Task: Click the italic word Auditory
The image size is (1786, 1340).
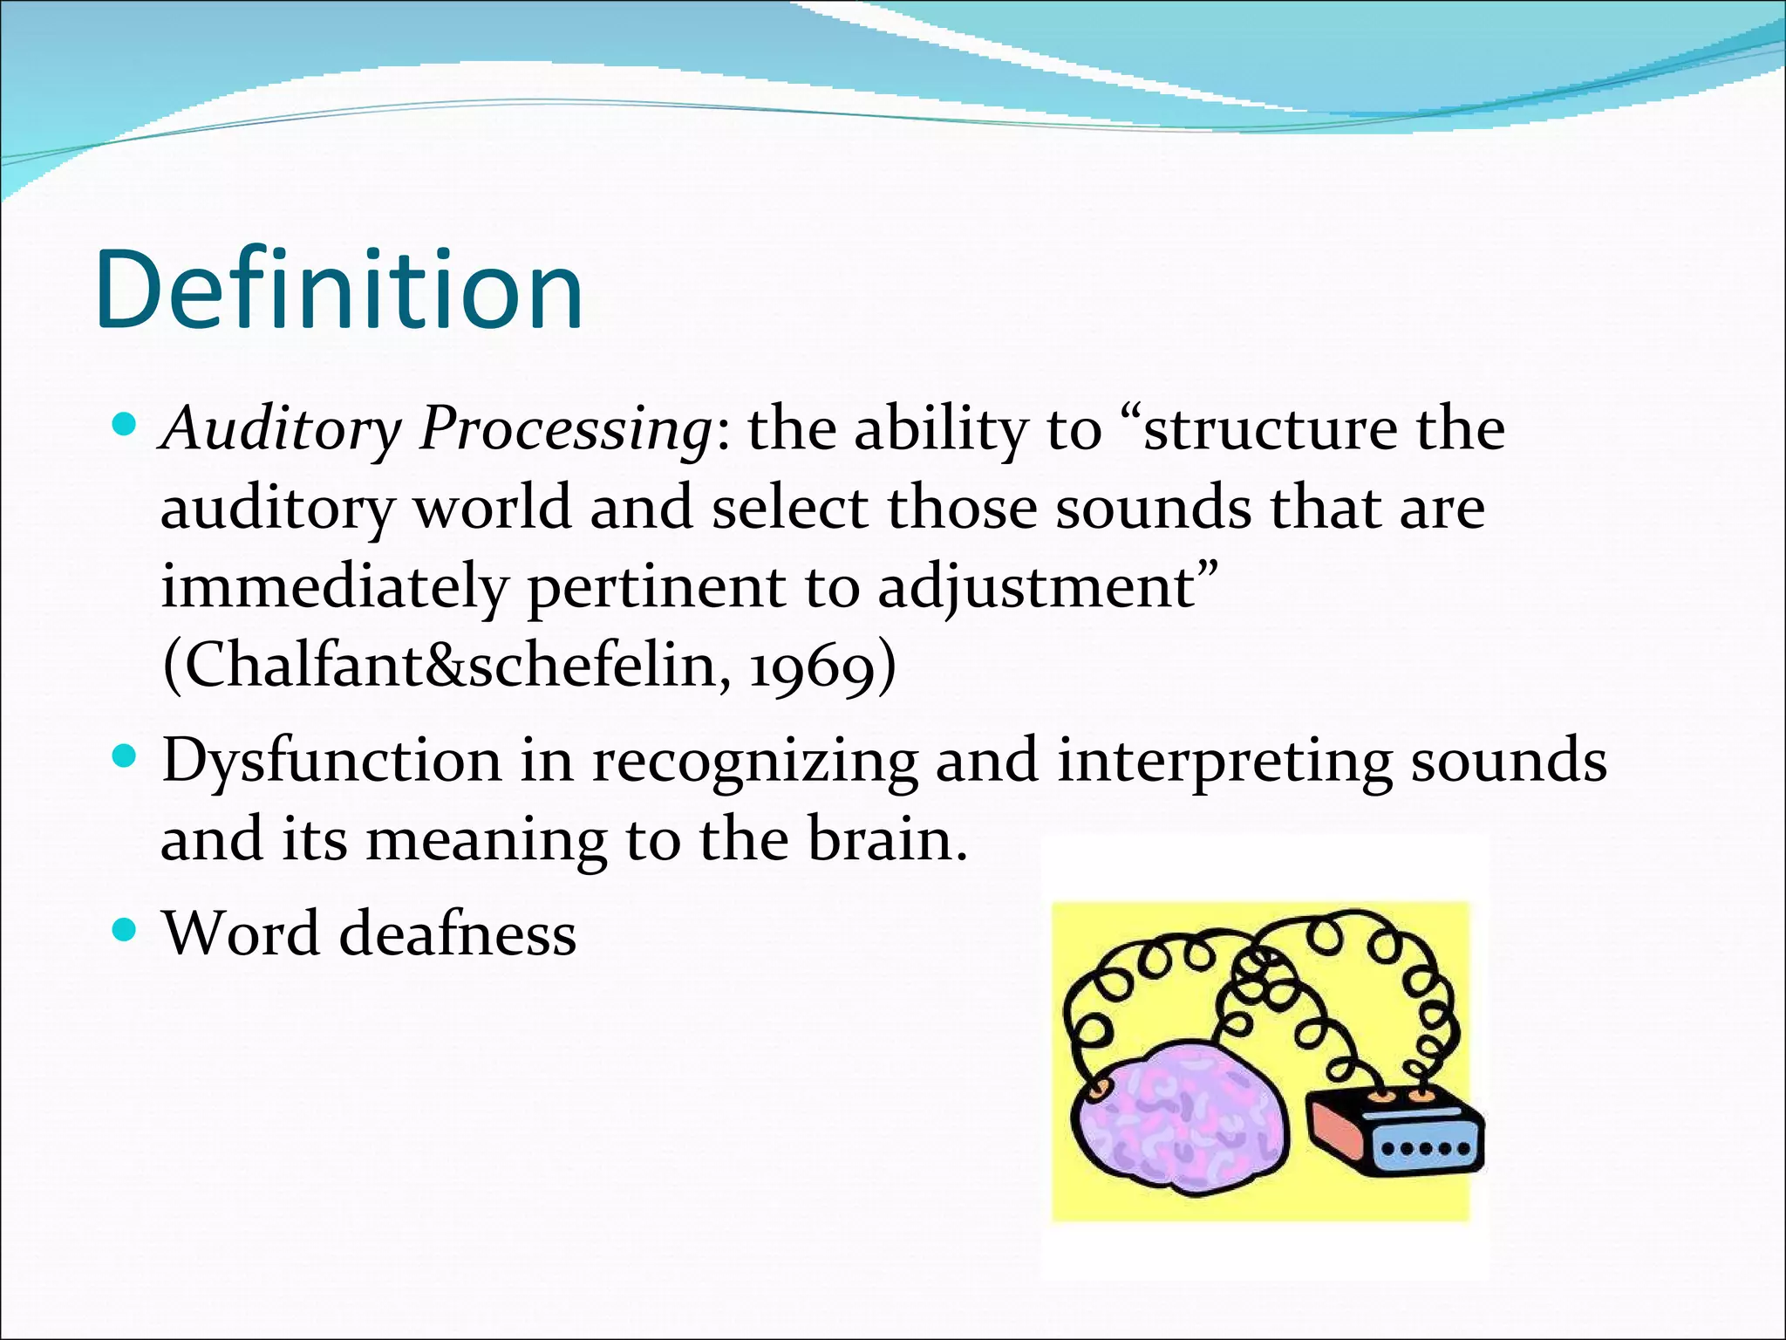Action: pos(280,430)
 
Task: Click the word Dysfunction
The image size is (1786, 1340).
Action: pos(331,761)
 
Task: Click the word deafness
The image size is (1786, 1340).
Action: pos(457,933)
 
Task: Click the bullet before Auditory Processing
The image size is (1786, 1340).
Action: pos(126,427)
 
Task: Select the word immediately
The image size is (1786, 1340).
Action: pos(334,587)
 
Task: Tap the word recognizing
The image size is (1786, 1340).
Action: pos(754,761)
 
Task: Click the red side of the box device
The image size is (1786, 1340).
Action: pos(1338,1130)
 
